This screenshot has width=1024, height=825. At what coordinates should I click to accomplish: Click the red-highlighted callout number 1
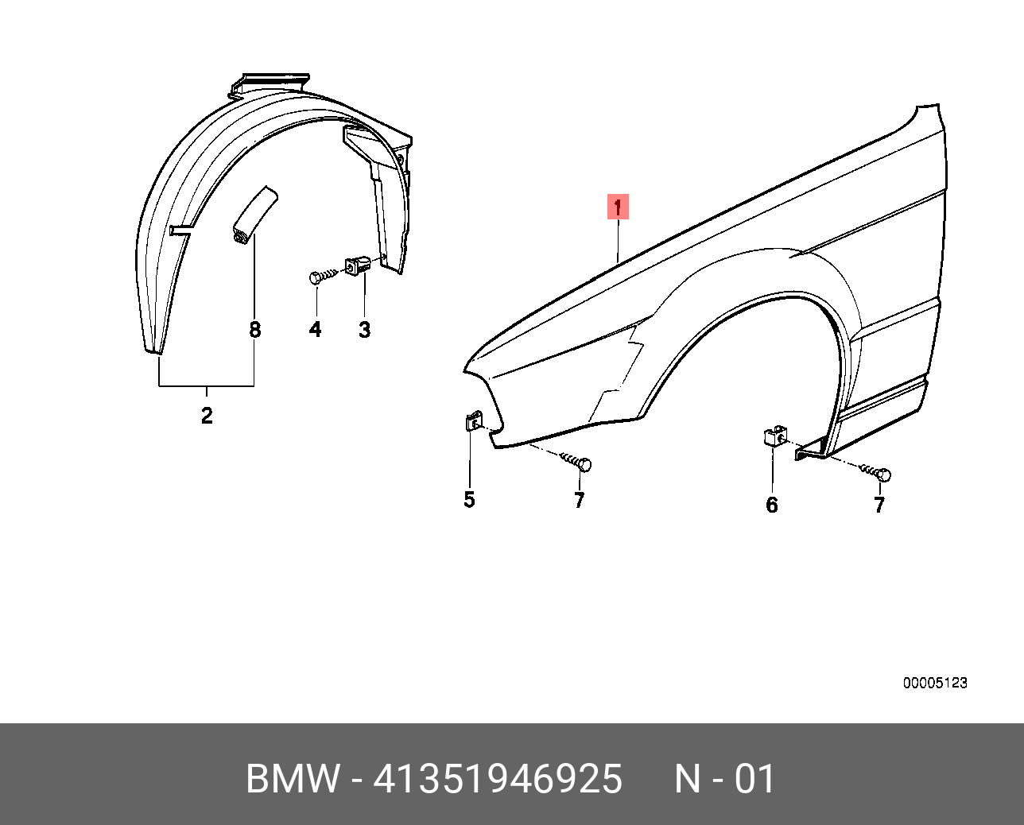[x=618, y=207]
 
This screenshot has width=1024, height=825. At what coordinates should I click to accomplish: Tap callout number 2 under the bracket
[x=207, y=416]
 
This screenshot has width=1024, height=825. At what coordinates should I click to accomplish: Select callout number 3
[x=364, y=329]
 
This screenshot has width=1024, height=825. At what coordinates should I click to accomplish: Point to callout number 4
[x=315, y=329]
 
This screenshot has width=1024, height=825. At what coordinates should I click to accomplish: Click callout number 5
[x=469, y=499]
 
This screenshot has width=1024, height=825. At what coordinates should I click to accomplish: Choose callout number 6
[x=772, y=505]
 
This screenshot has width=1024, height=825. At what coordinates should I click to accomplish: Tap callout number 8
[x=255, y=329]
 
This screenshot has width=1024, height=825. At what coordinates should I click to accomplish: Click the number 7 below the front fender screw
[x=579, y=500]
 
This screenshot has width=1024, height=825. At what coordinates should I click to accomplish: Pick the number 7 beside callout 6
[x=879, y=505]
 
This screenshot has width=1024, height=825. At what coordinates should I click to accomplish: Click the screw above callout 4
[x=324, y=277]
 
